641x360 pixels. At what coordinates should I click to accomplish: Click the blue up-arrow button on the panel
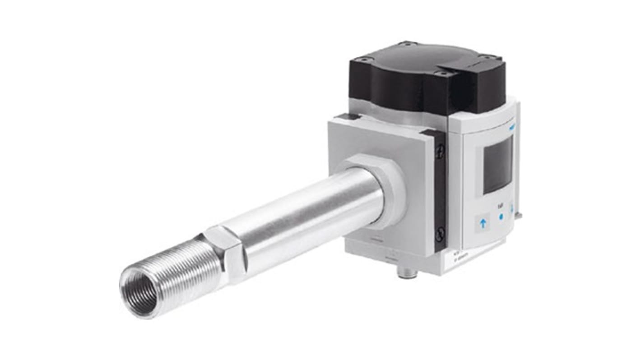click(483, 223)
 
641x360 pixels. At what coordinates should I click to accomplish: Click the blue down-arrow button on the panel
click(512, 209)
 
